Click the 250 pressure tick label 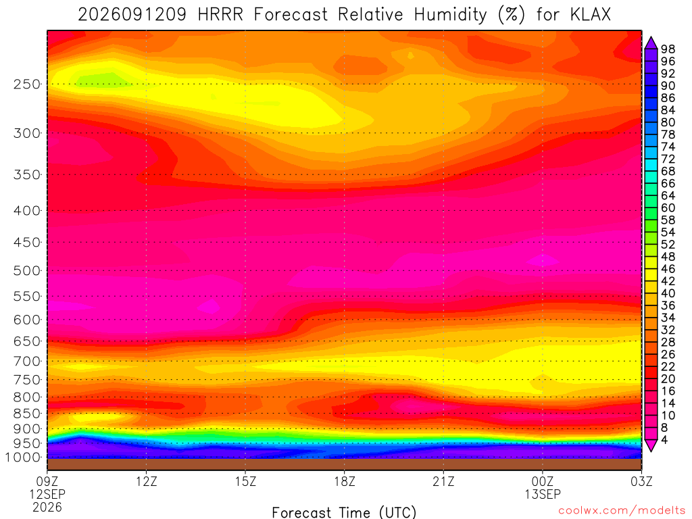pos(26,84)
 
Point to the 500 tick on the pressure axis pos(26,270)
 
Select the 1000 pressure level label pos(23,458)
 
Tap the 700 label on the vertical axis pos(26,362)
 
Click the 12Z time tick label pos(147,481)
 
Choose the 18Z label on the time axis pos(345,481)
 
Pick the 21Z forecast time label pos(443,481)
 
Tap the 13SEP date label pos(543,494)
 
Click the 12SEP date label pos(47,494)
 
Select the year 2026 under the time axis pos(47,508)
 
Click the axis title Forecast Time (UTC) pos(344,512)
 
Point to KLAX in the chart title pos(591,15)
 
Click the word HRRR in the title pos(220,15)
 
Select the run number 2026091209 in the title pos(132,15)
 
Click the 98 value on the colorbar pos(668,49)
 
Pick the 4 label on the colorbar pos(664,439)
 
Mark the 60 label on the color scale pos(668,207)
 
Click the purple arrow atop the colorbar pos(651,43)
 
